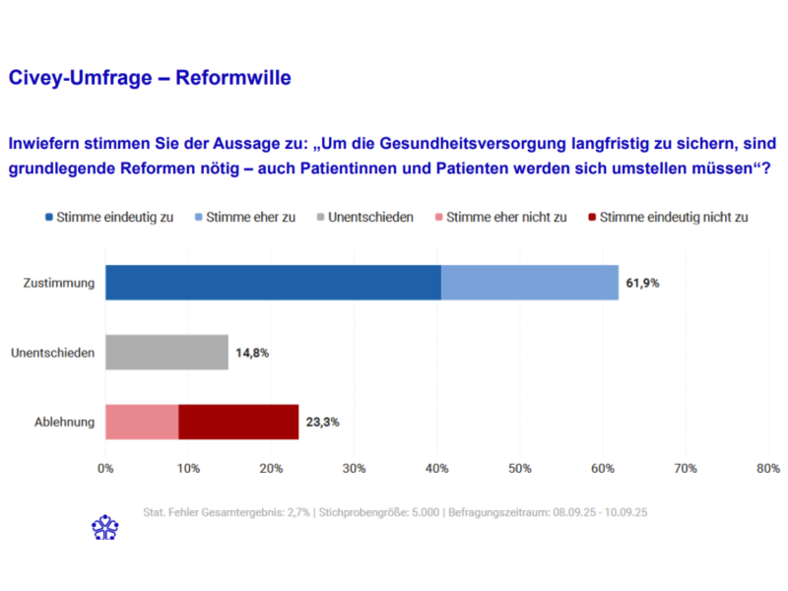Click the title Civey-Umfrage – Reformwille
[150, 78]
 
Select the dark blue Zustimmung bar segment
[273, 283]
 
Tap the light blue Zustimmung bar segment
[530, 283]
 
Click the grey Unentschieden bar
[166, 352]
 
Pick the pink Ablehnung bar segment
[142, 422]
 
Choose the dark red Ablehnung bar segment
[238, 422]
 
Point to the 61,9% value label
[642, 283]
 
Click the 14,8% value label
[252, 352]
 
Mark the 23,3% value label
[323, 422]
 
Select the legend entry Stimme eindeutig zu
[108, 217]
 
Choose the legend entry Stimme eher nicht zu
[498, 217]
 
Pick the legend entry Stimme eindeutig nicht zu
[666, 217]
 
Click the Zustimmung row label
[59, 283]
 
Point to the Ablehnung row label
[63, 422]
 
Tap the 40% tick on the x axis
[436, 468]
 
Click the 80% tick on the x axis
[767, 468]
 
